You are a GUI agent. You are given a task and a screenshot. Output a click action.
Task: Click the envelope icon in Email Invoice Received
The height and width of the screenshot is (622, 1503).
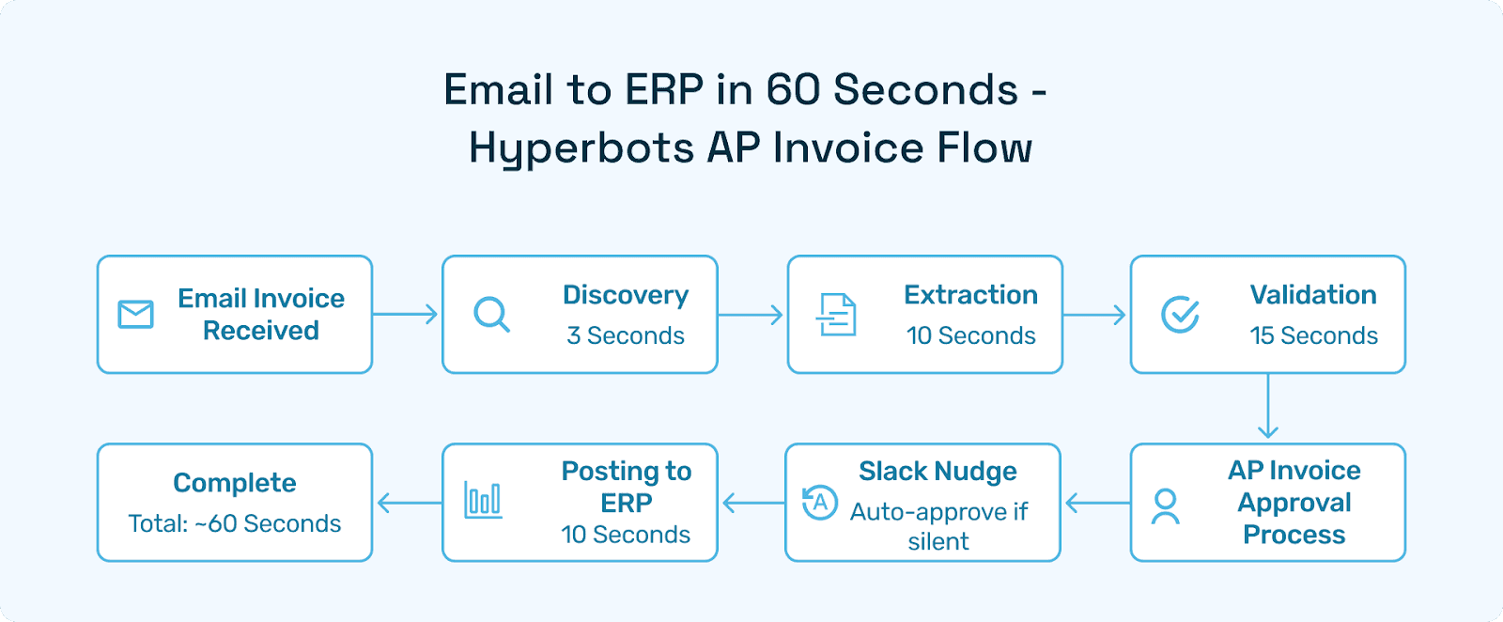pyautogui.click(x=135, y=315)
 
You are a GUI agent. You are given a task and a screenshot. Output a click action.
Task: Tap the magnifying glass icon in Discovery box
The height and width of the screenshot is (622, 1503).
pyautogui.click(x=491, y=315)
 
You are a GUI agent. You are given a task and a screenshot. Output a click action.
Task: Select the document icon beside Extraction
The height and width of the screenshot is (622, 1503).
pyautogui.click(x=836, y=315)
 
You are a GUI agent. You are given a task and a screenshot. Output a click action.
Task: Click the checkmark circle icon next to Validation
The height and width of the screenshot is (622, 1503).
pyautogui.click(x=1180, y=315)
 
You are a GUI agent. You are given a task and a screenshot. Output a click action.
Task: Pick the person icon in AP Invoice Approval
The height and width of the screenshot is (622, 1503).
pyautogui.click(x=1166, y=506)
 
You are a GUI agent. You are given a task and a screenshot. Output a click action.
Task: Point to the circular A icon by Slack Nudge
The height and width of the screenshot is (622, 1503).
pyautogui.click(x=820, y=502)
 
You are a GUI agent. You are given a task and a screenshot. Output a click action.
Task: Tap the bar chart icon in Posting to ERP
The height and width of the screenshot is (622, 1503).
pyautogui.click(x=483, y=500)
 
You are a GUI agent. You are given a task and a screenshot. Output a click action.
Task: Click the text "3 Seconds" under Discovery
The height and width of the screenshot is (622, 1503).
pyautogui.click(x=626, y=335)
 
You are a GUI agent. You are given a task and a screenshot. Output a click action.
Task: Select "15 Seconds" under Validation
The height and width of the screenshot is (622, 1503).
pyautogui.click(x=1313, y=335)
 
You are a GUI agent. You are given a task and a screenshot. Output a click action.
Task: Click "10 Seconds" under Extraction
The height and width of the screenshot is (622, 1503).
pyautogui.click(x=970, y=335)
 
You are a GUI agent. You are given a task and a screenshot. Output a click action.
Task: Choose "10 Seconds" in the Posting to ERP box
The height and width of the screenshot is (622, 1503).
pyautogui.click(x=626, y=535)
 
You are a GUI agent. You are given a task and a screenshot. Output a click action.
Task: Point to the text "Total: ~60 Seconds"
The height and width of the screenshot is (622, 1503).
pyautogui.click(x=235, y=523)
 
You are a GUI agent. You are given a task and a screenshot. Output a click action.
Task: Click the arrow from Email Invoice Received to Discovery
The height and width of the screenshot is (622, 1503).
pyautogui.click(x=407, y=315)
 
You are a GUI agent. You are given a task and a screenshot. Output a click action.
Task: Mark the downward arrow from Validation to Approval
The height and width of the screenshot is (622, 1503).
pyautogui.click(x=1268, y=407)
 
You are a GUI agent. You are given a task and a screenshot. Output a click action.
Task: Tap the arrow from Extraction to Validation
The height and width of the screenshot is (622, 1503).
pyautogui.click(x=1094, y=315)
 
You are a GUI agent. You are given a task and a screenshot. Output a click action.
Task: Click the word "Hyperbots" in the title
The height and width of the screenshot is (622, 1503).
pyautogui.click(x=581, y=148)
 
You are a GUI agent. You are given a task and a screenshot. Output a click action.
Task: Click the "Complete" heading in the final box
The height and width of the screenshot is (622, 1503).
pyautogui.click(x=235, y=483)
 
